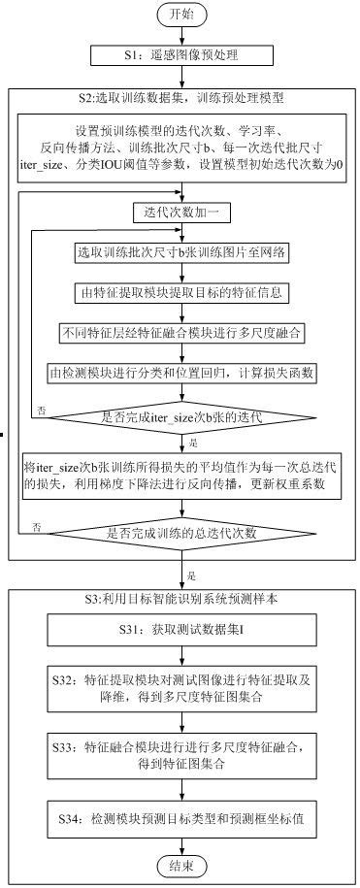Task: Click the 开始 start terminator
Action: [181, 15]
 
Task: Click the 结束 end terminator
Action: [181, 864]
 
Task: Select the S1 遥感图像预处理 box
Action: [181, 56]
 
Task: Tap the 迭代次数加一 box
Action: [181, 211]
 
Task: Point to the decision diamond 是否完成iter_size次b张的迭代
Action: [181, 417]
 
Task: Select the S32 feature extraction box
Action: [181, 690]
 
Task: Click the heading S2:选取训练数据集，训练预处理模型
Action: [180, 98]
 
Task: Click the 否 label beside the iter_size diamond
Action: [41, 411]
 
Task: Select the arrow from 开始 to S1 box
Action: [181, 37]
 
